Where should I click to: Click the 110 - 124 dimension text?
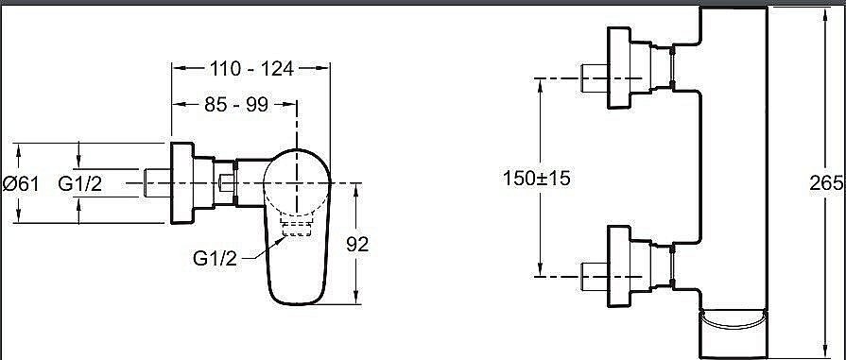(252, 69)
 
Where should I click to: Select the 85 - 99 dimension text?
(236, 105)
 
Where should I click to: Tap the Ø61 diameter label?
(21, 184)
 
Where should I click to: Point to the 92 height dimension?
(357, 245)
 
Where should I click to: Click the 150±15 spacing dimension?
(536, 179)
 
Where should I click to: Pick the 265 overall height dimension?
(826, 183)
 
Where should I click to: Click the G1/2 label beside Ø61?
(79, 184)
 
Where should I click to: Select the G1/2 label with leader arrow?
(215, 259)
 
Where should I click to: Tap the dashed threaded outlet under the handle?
(296, 228)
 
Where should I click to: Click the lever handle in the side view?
(297, 227)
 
